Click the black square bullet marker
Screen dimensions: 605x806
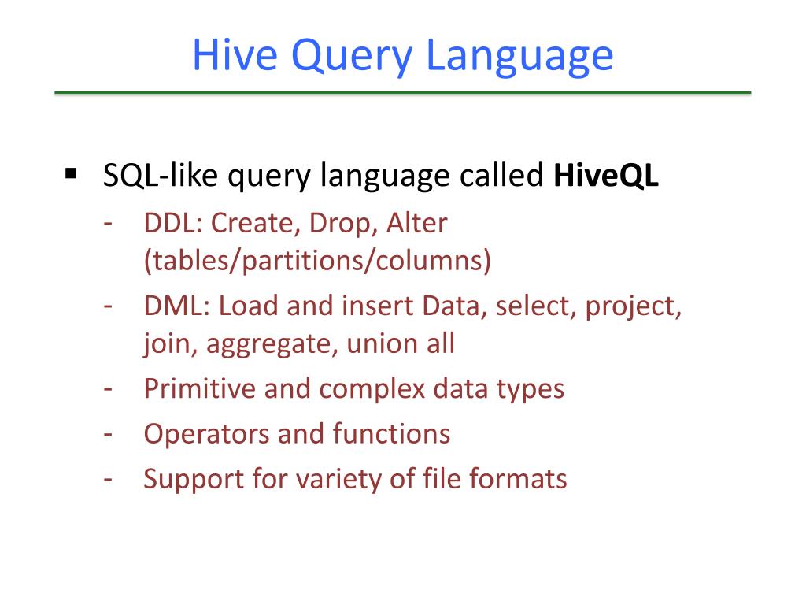pos(70,172)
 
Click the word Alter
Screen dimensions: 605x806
pos(416,223)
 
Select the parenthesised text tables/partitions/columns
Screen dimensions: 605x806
pos(317,261)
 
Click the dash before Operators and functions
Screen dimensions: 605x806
pos(109,434)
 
